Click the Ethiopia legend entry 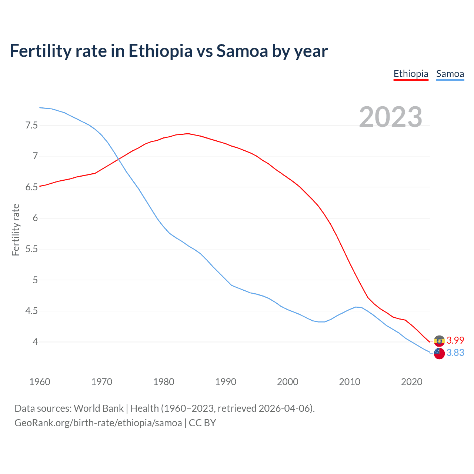[x=411, y=74]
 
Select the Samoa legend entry [x=450, y=74]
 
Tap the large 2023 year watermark [x=391, y=117]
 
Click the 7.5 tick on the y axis [x=31, y=125]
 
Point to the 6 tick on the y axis [x=35, y=218]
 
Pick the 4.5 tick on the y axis [x=31, y=311]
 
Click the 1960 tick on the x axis [x=40, y=382]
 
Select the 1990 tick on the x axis [x=226, y=382]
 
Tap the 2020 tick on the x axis [x=411, y=382]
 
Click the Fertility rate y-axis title [x=16, y=230]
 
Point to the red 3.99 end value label [x=455, y=340]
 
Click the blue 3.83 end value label [x=455, y=353]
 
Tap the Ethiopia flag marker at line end [x=439, y=341]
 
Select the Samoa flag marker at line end [x=439, y=353]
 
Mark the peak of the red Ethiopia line [x=188, y=134]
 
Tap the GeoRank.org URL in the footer [x=98, y=423]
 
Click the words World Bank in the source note [x=99, y=408]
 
